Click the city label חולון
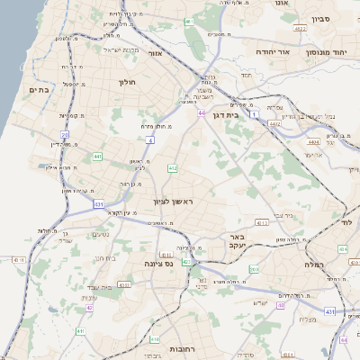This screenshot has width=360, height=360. click(x=126, y=82)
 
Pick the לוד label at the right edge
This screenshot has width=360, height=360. click(x=346, y=221)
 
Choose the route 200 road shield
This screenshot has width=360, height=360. click(x=254, y=269)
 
